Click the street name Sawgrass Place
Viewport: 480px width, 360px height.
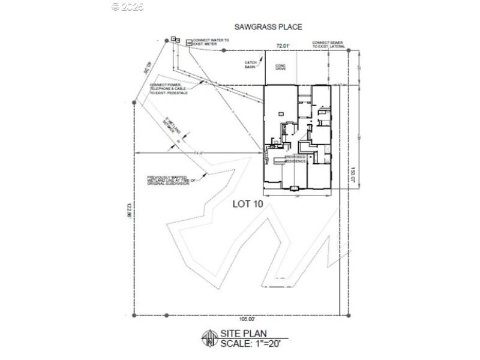pyautogui.click(x=268, y=27)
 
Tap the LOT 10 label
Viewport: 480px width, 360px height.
pyautogui.click(x=248, y=204)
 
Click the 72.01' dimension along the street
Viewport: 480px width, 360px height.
pyautogui.click(x=283, y=46)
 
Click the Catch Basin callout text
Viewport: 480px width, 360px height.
pyautogui.click(x=251, y=64)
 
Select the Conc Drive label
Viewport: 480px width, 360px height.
pyautogui.click(x=280, y=67)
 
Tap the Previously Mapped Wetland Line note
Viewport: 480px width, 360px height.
pyautogui.click(x=169, y=179)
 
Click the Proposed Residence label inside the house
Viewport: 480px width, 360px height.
pyautogui.click(x=296, y=160)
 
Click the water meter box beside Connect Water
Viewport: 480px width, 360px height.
pyautogui.click(x=189, y=43)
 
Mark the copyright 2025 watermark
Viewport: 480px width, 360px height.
pyautogui.click(x=128, y=7)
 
